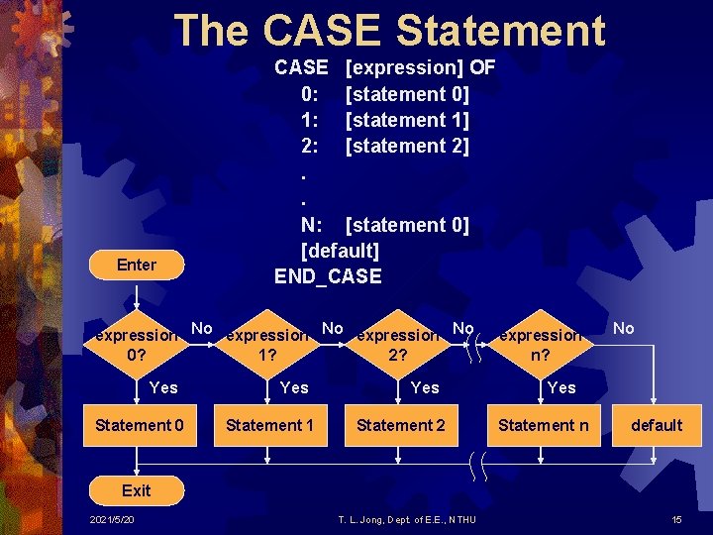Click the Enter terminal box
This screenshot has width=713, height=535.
[x=136, y=265]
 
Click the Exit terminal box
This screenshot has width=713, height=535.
[x=136, y=490]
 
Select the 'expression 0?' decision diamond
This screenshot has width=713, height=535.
[x=137, y=344]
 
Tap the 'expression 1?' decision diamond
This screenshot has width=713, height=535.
[x=266, y=344]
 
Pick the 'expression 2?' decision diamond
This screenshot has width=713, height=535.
[x=397, y=344]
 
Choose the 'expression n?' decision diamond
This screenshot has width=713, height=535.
[x=540, y=344]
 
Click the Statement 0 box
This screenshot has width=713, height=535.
[x=139, y=425]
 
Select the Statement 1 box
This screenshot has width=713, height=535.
[x=269, y=425]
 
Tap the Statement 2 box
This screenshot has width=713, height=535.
[x=400, y=425]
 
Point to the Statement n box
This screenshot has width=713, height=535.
[x=543, y=425]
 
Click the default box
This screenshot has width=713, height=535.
[x=657, y=425]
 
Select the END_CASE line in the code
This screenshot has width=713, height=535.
[x=328, y=276]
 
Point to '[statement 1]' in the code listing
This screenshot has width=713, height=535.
[x=407, y=120]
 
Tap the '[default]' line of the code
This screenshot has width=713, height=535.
[x=340, y=251]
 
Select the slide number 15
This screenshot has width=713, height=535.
[x=676, y=520]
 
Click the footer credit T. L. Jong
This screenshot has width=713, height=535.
[x=407, y=520]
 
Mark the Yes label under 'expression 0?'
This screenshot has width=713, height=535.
[x=163, y=387]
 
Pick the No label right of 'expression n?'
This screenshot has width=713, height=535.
[x=623, y=328]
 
